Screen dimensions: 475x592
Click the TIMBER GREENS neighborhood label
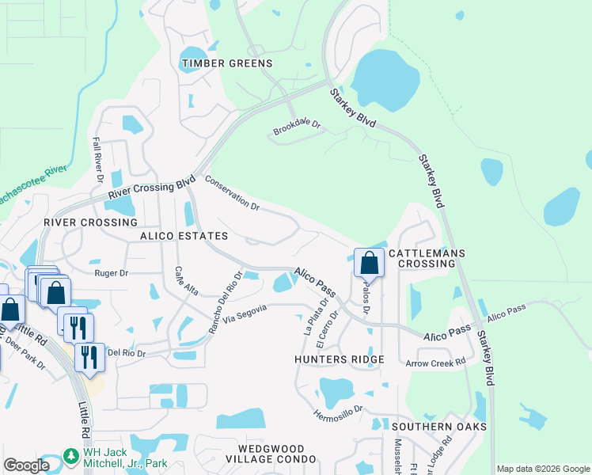click(227, 63)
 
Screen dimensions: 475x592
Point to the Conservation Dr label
click(233, 194)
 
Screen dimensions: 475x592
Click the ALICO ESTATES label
click(184, 236)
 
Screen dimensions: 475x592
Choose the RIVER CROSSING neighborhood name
click(90, 223)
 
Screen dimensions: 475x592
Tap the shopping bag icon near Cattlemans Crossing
click(369, 261)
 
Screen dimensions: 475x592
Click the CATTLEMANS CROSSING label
click(431, 258)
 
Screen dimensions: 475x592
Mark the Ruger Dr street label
click(111, 273)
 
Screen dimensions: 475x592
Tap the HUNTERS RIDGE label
click(339, 359)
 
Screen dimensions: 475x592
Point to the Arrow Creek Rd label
click(435, 363)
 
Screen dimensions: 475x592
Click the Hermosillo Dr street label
click(336, 412)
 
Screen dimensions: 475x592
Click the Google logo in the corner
click(26, 465)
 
